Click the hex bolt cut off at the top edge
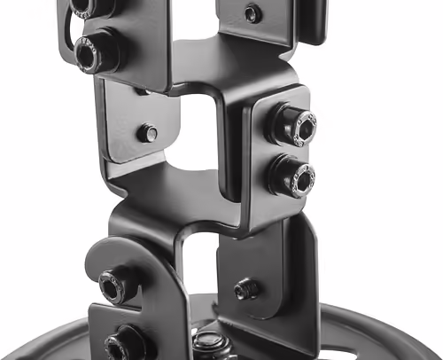82,6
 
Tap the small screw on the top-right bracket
253,13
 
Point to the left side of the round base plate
80,333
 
